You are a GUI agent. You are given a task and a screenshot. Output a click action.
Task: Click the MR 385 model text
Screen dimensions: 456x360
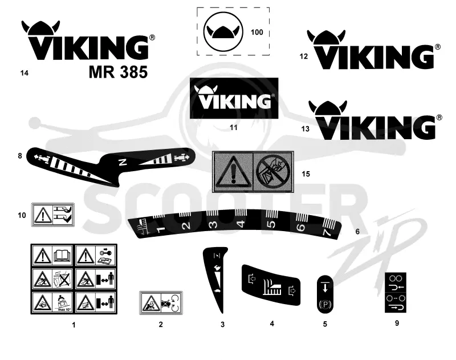pyautogui.click(x=118, y=72)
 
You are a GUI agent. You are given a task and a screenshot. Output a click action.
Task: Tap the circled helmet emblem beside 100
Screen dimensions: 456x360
pyautogui.click(x=223, y=32)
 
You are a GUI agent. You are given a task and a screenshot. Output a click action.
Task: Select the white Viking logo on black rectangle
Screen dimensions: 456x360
pyautogui.click(x=234, y=98)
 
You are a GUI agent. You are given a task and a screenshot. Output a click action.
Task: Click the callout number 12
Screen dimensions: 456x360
pyautogui.click(x=304, y=56)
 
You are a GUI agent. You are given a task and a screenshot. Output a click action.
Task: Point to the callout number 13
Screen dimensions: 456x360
pyautogui.click(x=306, y=128)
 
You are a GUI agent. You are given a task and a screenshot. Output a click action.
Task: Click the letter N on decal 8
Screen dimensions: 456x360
pyautogui.click(x=123, y=162)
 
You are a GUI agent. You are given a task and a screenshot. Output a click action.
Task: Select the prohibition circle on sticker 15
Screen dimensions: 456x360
pyautogui.click(x=273, y=172)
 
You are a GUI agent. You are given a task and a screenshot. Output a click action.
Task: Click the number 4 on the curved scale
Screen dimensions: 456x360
pyautogui.click(x=241, y=224)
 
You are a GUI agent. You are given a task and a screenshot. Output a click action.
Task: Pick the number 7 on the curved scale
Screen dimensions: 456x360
pyautogui.click(x=327, y=232)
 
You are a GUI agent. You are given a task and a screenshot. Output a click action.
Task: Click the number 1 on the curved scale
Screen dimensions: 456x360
pyautogui.click(x=160, y=229)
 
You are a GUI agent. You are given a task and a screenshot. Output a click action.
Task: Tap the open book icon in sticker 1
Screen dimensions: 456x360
pyautogui.click(x=63, y=256)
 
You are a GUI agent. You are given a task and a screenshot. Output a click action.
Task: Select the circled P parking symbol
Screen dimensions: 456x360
pyautogui.click(x=325, y=305)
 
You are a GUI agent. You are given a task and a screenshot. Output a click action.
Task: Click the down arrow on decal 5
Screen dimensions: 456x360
pyautogui.click(x=325, y=286)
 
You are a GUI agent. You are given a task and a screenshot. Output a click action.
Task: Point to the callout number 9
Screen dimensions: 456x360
pyautogui.click(x=397, y=323)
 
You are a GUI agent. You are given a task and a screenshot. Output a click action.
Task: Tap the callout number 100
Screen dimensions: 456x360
pyautogui.click(x=257, y=32)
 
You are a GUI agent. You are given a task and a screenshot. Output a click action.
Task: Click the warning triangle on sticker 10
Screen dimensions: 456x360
pyautogui.click(x=43, y=215)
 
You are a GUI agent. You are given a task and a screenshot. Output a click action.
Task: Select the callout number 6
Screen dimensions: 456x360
pyautogui.click(x=357, y=232)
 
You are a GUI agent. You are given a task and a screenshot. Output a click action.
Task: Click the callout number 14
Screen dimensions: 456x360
pyautogui.click(x=25, y=73)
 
